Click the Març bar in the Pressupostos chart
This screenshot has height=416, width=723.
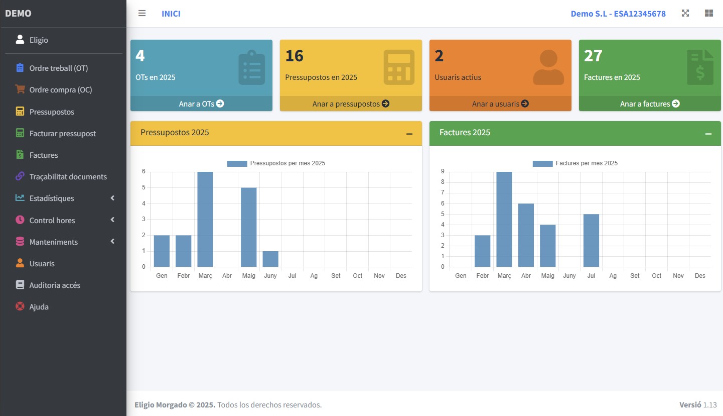pos(205,219)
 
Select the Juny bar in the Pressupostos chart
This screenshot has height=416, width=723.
pos(270,259)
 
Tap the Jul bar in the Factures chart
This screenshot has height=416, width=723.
pos(591,240)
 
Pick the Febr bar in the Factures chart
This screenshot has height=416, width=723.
pos(482,251)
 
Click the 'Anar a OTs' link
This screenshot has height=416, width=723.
pos(201,103)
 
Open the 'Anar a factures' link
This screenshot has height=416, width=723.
pos(650,103)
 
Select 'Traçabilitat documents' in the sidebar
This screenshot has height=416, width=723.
pos(68,177)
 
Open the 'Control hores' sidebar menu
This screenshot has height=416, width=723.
pos(52,220)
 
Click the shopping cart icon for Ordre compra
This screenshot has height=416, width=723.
pos(20,89)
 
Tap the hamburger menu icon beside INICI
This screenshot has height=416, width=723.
pos(142,14)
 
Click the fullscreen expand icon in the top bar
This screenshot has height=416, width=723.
pos(685,14)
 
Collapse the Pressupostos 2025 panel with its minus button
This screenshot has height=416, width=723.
pos(409,134)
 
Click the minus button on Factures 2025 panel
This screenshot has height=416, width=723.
pos(708,134)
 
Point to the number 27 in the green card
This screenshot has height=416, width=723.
pos(593,56)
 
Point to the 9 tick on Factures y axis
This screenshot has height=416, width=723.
pos(443,171)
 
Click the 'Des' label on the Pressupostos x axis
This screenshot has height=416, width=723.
pos(401,276)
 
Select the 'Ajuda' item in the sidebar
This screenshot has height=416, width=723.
pos(39,307)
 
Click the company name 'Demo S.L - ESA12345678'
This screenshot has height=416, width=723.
pos(618,14)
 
